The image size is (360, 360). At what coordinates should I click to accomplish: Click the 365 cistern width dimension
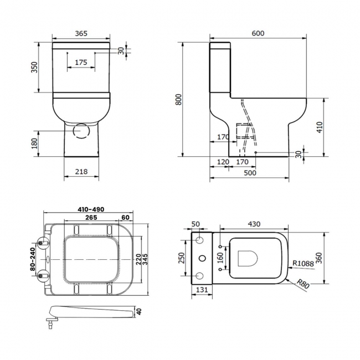pyautogui.click(x=81, y=33)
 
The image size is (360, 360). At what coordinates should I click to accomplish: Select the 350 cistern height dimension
pyautogui.click(x=34, y=67)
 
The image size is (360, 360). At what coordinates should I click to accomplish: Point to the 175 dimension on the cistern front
pyautogui.click(x=80, y=63)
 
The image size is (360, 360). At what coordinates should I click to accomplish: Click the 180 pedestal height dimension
pyautogui.click(x=34, y=144)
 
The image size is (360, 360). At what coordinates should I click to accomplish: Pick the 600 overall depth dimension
pyautogui.click(x=258, y=33)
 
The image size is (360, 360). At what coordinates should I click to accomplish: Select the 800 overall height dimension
pyautogui.click(x=178, y=99)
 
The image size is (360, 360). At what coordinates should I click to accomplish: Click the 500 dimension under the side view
pyautogui.click(x=250, y=173)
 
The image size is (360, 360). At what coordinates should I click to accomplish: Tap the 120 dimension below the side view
pyautogui.click(x=223, y=162)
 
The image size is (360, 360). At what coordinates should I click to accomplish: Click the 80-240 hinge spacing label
pyautogui.click(x=34, y=259)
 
